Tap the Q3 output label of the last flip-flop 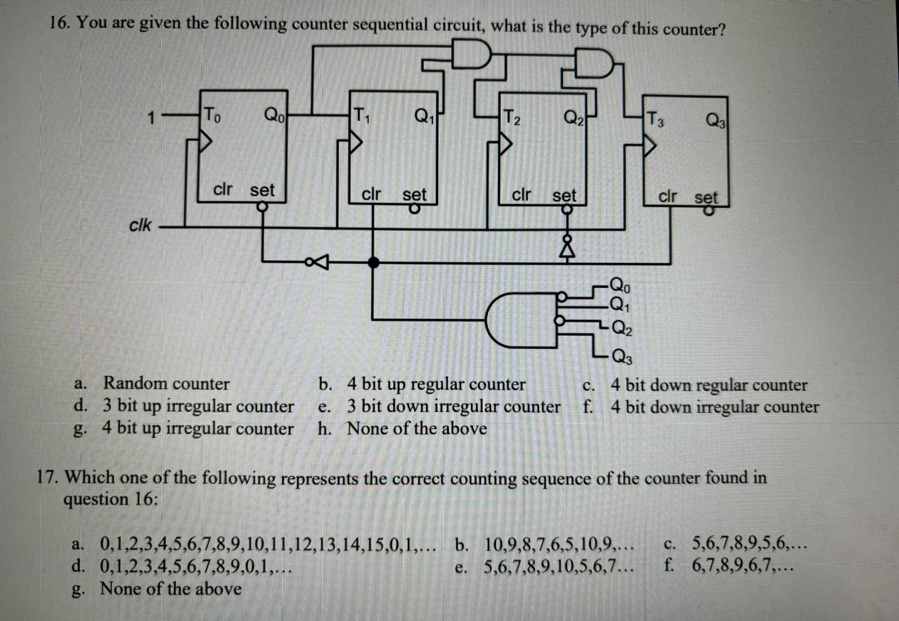pos(716,120)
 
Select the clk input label pos(140,225)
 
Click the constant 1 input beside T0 pos(150,118)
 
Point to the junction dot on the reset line pos(373,262)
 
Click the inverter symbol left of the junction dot pos(318,261)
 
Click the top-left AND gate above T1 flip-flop pos(471,54)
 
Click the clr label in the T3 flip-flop pos(668,197)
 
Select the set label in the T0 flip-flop pos(262,190)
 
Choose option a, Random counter pos(166,383)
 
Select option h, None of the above pos(416,428)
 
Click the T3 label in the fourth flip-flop pos(655,119)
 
